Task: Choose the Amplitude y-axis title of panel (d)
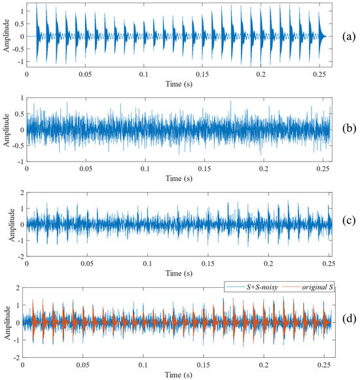point(6,321)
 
